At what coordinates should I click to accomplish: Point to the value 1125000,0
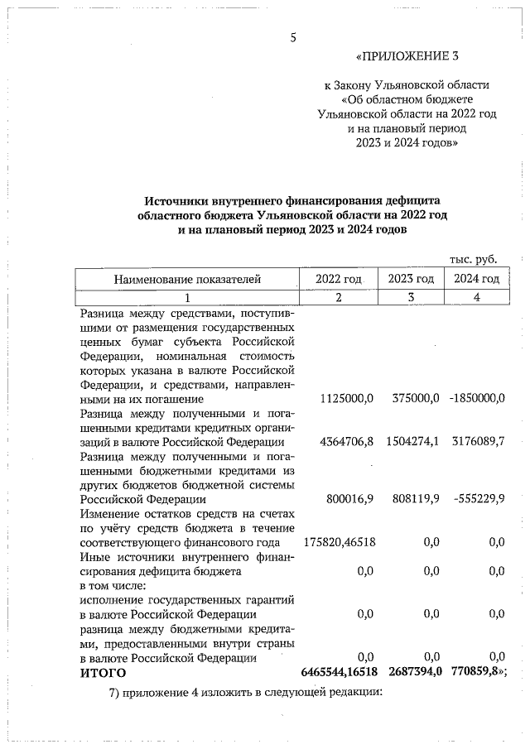tap(346, 398)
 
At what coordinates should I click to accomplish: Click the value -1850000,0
tap(476, 398)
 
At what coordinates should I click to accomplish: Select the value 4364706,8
tap(346, 442)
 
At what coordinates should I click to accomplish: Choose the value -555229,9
tap(479, 498)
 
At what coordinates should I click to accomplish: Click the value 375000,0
tap(415, 398)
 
